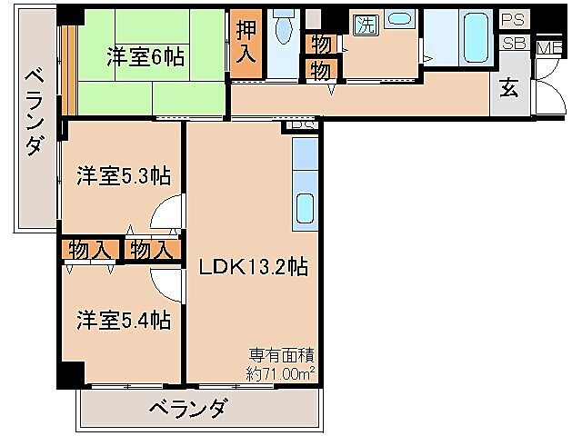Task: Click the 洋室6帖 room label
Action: click(145, 57)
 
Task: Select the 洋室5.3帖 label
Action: click(125, 175)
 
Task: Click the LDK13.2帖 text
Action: click(253, 267)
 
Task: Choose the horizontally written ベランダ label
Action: click(186, 407)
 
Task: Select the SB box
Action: click(514, 42)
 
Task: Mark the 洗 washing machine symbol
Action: click(365, 25)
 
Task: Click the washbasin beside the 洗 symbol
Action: click(398, 20)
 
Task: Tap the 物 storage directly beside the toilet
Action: click(321, 42)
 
